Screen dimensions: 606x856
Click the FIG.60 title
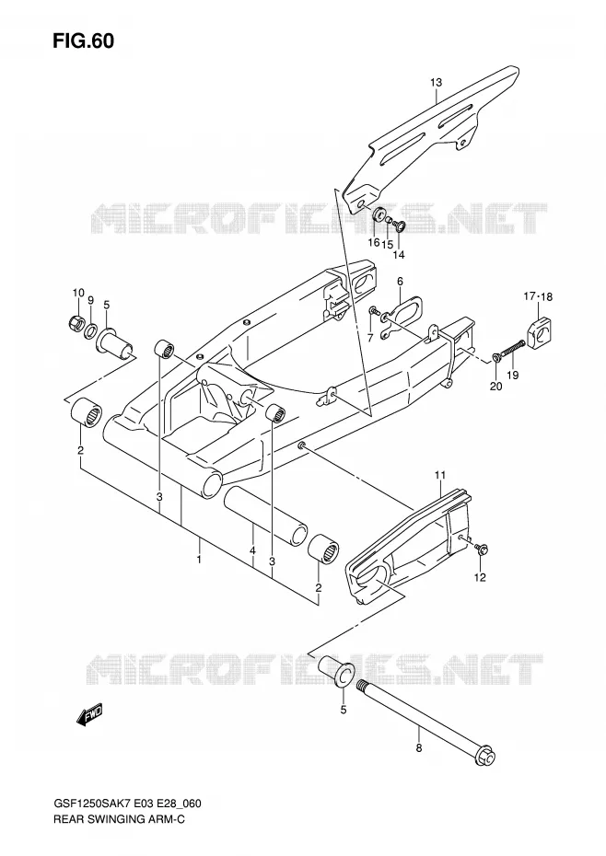coord(83,41)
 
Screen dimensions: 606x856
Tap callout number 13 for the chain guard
coord(436,83)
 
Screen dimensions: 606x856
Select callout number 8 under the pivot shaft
coord(419,748)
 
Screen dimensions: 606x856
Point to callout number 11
coord(441,476)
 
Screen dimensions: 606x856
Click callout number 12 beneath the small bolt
coord(480,578)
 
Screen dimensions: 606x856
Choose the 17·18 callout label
coord(538,297)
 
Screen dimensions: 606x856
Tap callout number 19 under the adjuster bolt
coord(512,375)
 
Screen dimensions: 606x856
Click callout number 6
coord(400,281)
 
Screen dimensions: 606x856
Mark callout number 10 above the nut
coord(78,293)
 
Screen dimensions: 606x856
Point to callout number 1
coord(200,560)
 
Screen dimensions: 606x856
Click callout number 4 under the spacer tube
coord(252,551)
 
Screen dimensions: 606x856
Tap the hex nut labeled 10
coord(76,323)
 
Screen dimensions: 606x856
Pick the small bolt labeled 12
coord(481,549)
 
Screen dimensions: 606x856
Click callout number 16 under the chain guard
coord(373,242)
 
